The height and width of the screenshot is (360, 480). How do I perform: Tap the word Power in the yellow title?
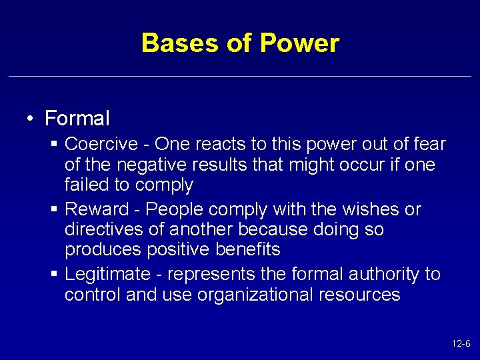pos(299,43)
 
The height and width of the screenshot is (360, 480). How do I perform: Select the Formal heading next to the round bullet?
pos(77,119)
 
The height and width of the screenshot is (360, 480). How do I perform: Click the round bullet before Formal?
pos(31,119)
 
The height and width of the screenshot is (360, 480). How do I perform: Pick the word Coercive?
pos(98,144)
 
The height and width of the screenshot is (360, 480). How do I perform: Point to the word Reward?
pos(97,209)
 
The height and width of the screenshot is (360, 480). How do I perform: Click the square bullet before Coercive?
pos(55,145)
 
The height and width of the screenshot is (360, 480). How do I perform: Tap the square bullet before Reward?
pos(55,210)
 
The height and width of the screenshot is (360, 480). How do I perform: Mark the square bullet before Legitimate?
pos(55,275)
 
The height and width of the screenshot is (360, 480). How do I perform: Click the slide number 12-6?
pos(461,344)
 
